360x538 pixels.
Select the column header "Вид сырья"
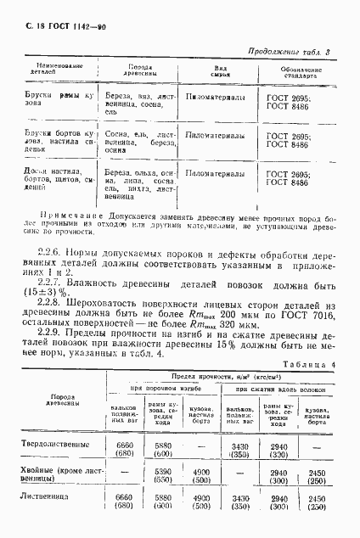tap(219, 71)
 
